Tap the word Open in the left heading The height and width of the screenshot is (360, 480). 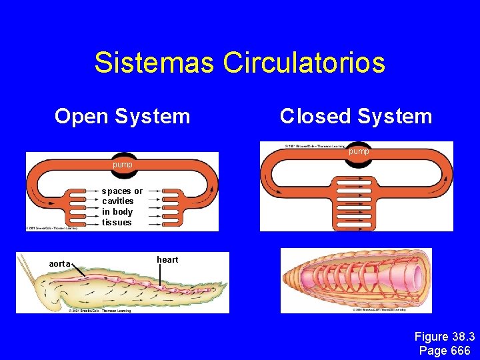[x=81, y=117]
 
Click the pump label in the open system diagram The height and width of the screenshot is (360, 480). [x=122, y=164]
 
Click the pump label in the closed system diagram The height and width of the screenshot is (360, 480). [x=359, y=152]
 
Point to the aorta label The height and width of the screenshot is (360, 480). [x=60, y=264]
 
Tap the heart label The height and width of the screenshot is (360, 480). [x=167, y=259]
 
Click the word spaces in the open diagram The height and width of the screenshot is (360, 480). [x=117, y=191]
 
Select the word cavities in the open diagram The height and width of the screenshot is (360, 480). [x=117, y=201]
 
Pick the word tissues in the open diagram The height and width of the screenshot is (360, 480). [x=117, y=222]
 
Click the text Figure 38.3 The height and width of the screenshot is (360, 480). [x=444, y=337]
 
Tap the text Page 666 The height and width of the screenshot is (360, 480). [x=445, y=351]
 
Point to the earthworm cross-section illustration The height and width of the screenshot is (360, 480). [x=356, y=279]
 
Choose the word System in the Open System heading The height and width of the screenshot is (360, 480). [x=153, y=117]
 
